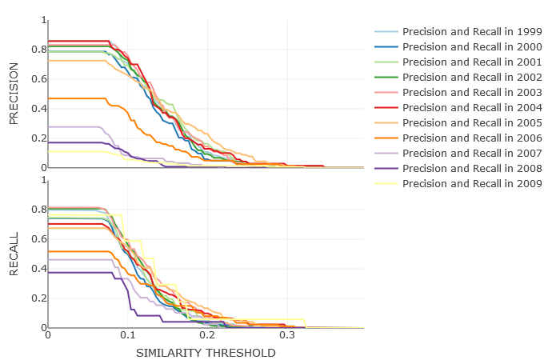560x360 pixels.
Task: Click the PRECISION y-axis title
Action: (14, 94)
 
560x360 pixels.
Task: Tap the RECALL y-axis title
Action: (14, 254)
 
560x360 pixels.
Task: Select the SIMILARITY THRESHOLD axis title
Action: (206, 353)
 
